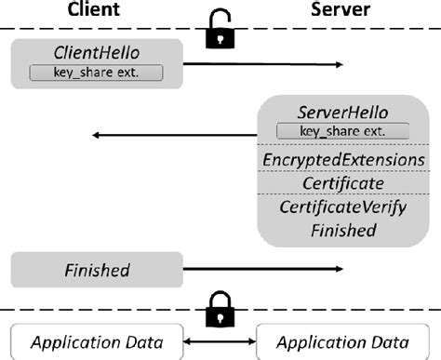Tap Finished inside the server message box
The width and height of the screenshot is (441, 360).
point(342,229)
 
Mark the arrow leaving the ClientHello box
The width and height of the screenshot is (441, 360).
point(265,64)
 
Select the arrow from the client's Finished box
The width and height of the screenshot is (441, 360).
point(265,271)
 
